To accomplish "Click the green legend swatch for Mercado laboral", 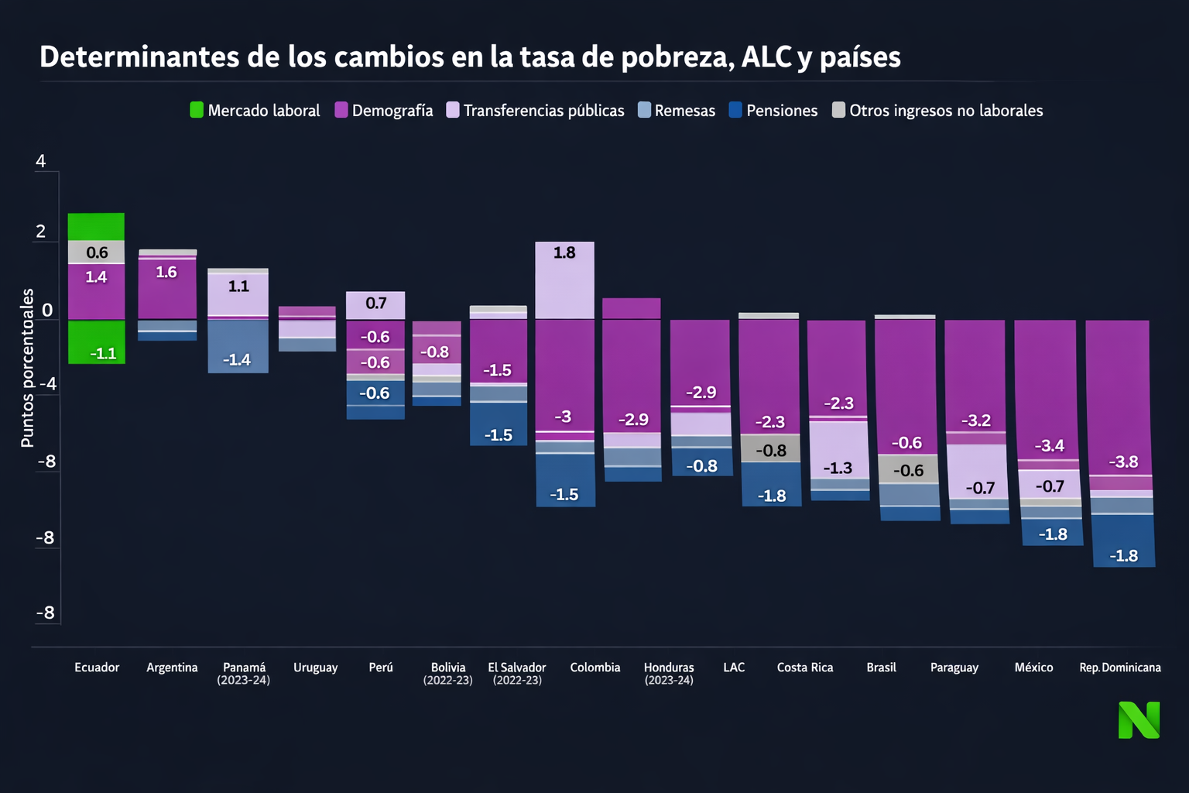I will click(x=197, y=110).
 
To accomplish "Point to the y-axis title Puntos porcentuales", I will click(x=28, y=368).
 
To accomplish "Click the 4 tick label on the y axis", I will click(x=41, y=161).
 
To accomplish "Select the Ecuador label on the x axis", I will click(x=97, y=668).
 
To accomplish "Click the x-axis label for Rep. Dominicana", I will click(x=1120, y=668).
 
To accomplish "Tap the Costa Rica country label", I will click(x=805, y=668).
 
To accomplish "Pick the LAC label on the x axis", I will click(x=734, y=668).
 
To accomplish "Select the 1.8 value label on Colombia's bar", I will click(x=564, y=252).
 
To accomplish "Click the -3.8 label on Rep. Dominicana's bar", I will click(x=1123, y=462).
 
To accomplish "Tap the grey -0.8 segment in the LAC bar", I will click(x=770, y=450).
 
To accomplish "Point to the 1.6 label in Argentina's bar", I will click(x=166, y=273).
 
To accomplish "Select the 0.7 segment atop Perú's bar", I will click(x=375, y=304).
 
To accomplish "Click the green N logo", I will click(x=1139, y=720).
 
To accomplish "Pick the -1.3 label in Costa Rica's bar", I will click(x=838, y=469).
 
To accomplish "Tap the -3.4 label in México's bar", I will click(x=1050, y=446).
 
